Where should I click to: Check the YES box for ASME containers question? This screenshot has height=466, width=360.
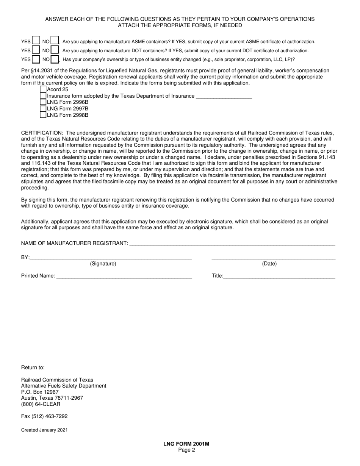tap(36, 41)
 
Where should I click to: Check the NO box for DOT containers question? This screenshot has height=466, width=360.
tap(55, 50)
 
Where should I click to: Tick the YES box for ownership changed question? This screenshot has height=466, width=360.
tap(36, 59)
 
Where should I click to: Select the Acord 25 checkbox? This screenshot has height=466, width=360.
tap(43, 89)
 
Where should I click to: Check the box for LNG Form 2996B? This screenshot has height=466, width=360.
tap(43, 102)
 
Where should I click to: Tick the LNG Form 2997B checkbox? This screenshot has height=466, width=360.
tap(43, 109)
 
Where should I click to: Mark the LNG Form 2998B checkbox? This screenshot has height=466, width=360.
tap(43, 115)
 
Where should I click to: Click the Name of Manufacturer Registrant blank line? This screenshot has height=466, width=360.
tap(232, 244)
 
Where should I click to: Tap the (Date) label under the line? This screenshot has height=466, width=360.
tap(269, 264)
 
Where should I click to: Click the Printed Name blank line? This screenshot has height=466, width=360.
tap(124, 276)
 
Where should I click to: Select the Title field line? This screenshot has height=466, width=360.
tap(279, 276)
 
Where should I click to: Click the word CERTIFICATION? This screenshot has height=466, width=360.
tap(42, 133)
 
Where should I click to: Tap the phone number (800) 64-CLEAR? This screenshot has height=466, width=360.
tap(41, 404)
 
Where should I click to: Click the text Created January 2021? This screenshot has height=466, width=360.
tap(44, 430)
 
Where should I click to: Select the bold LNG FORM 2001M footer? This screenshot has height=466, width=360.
tap(186, 444)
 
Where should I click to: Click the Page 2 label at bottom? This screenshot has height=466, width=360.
tap(186, 450)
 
